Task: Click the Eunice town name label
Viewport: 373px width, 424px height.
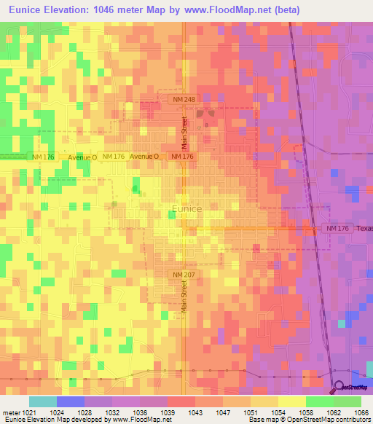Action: [x=187, y=208]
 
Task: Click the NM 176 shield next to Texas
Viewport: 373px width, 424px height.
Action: [x=337, y=229]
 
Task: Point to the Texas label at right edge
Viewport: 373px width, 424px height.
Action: [x=364, y=229]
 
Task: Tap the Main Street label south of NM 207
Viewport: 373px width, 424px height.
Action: [x=184, y=299]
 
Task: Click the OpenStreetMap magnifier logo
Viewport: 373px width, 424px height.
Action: [x=339, y=388]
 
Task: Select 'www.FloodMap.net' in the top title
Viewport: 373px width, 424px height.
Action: [x=220, y=9]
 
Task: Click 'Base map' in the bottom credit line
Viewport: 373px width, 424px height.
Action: [x=264, y=420]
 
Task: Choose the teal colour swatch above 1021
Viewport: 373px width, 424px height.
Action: [x=42, y=401]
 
